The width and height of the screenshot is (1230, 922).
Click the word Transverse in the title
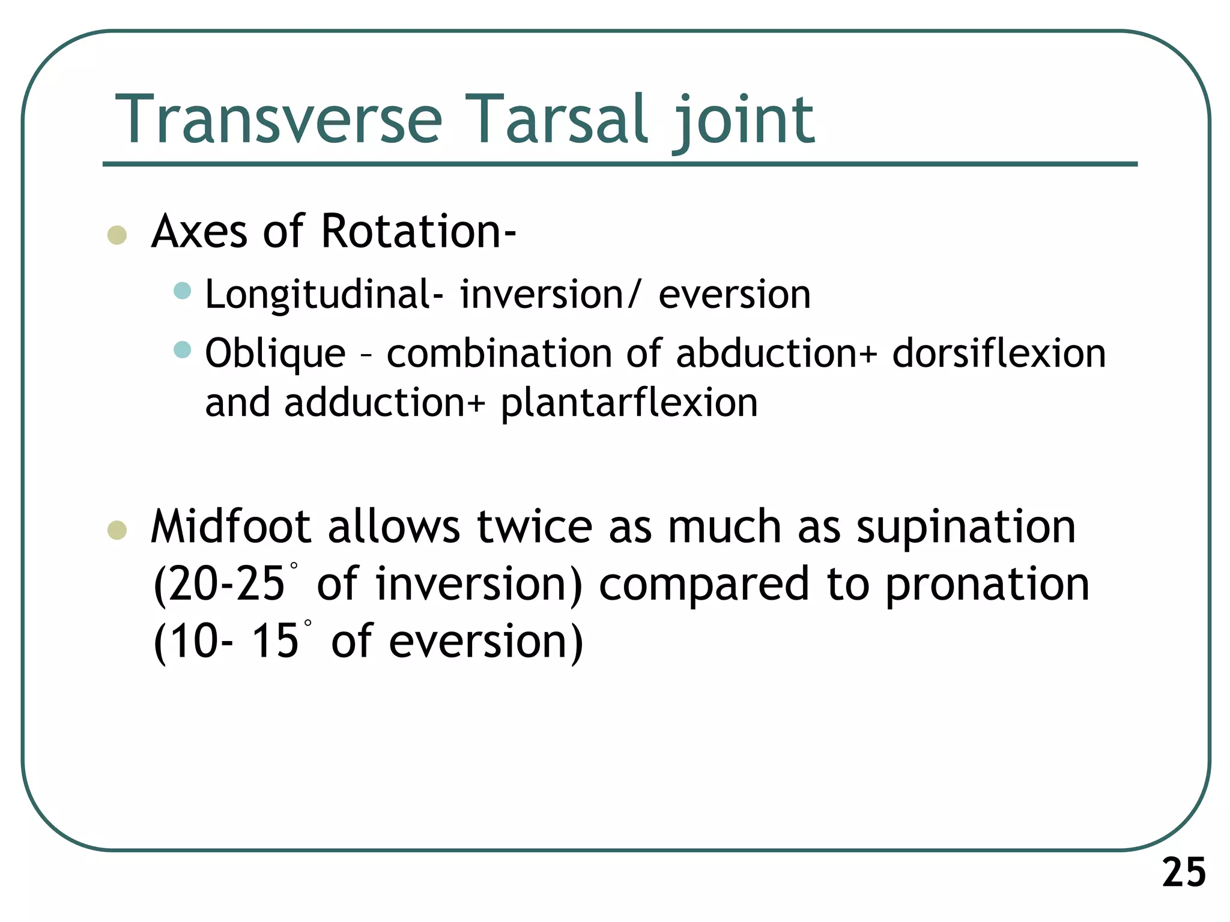coord(279,119)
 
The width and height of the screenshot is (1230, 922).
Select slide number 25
coord(1184,872)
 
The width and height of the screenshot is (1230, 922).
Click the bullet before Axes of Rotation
coord(117,235)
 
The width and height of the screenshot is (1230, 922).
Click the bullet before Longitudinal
coord(182,291)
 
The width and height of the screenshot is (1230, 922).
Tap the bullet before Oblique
coord(182,349)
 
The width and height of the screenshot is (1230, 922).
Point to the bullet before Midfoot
coord(117,530)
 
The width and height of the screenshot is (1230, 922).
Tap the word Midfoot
coord(231,526)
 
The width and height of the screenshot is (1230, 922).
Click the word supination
coord(965,526)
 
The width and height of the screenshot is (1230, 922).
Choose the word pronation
coord(987,584)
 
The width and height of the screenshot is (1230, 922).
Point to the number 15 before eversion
coord(274,640)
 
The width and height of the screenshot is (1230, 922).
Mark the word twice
coord(534,526)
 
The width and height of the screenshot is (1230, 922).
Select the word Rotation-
coord(418,231)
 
